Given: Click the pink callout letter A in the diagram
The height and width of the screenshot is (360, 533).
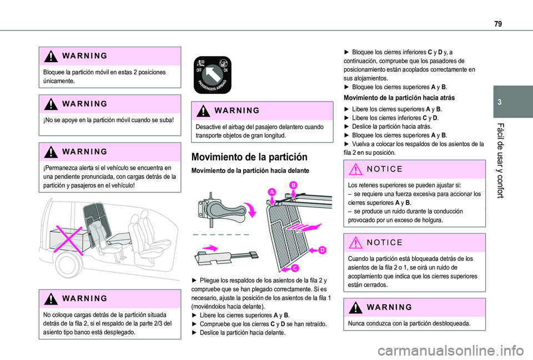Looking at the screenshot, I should pyautogui.click(x=272, y=191).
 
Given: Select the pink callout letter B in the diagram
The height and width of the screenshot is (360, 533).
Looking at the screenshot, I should pyautogui.click(x=293, y=184).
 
